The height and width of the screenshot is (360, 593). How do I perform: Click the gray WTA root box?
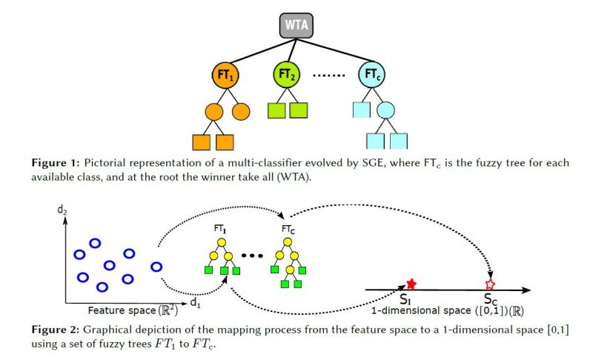(296, 25)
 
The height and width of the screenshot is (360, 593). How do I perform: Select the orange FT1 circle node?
(226, 75)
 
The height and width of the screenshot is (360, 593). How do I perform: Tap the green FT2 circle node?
(286, 74)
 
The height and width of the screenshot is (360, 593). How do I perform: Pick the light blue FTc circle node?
(372, 74)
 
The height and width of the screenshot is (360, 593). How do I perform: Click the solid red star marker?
(411, 284)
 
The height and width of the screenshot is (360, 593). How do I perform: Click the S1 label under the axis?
(405, 299)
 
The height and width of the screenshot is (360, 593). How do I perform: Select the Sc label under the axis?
(491, 299)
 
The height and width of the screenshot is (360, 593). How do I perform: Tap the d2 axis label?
(62, 210)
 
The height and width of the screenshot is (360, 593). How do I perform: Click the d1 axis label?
(195, 302)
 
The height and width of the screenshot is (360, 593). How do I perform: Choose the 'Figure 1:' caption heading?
(56, 163)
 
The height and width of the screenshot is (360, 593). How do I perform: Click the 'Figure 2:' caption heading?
(56, 330)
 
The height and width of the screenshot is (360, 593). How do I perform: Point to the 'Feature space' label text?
(122, 310)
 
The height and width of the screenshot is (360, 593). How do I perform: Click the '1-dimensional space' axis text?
(421, 310)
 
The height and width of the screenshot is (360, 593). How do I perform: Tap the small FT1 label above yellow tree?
(219, 229)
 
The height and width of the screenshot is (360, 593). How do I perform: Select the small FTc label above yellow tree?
(288, 229)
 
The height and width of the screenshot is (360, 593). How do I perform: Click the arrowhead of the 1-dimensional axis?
(526, 290)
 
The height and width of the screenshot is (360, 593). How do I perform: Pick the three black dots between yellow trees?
(252, 256)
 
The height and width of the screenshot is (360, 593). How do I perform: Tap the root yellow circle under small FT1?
(222, 242)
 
